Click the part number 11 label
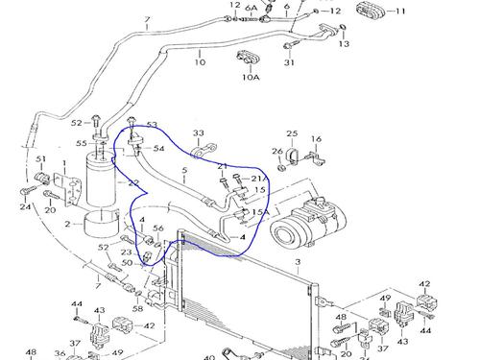click(401, 12)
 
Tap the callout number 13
click(344, 43)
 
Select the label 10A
click(250, 80)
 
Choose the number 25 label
click(293, 132)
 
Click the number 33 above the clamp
click(199, 132)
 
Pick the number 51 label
click(41, 159)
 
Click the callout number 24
click(25, 206)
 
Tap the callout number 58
click(137, 309)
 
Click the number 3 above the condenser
click(298, 260)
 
